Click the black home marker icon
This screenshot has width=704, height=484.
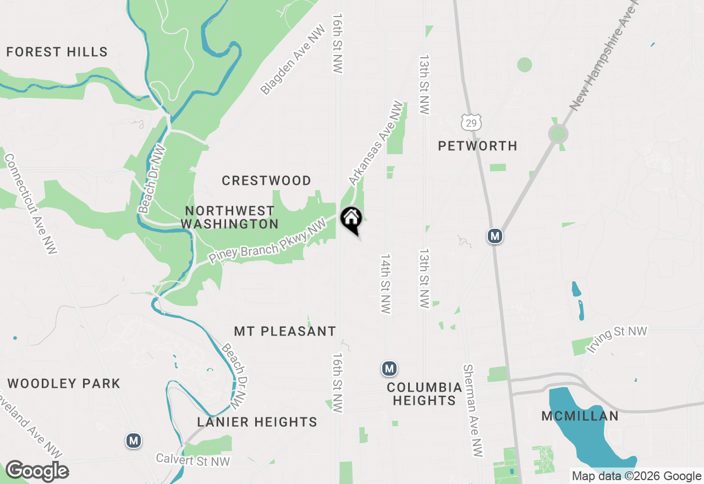[351, 219]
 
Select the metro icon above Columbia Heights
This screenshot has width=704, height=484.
[389, 368]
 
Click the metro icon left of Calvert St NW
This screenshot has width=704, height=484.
[133, 441]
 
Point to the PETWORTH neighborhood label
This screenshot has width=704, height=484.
[477, 146]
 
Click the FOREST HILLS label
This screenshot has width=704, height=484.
[57, 52]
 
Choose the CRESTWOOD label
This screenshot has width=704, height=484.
[266, 180]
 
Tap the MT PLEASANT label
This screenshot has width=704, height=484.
[285, 331]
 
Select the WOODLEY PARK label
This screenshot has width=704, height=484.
[64, 383]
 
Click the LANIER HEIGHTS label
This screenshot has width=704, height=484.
[257, 422]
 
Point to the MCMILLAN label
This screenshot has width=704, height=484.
[580, 416]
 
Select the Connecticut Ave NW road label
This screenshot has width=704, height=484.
[31, 204]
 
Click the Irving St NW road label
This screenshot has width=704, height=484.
[617, 339]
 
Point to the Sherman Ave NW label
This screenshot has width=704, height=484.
[473, 410]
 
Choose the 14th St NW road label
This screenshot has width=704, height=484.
[386, 284]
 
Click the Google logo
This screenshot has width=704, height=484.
[37, 471]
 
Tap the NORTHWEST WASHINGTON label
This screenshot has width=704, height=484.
[229, 217]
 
